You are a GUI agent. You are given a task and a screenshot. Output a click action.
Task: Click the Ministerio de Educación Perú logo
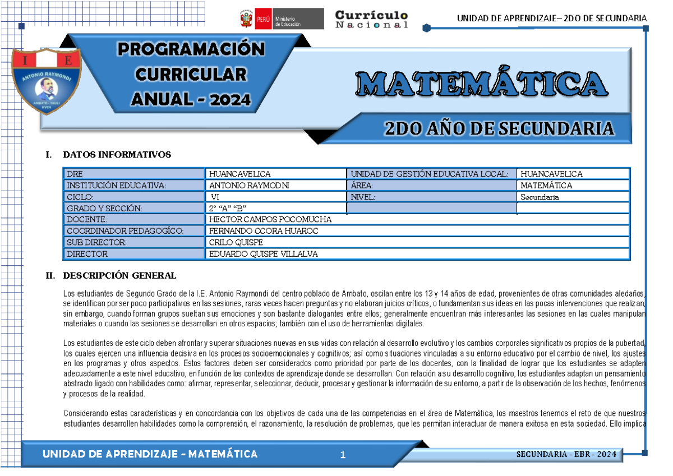tap(281, 19)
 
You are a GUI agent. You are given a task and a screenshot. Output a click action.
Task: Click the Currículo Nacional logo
tap(371, 19)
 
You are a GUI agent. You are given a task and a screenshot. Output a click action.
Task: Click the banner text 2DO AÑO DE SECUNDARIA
tap(499, 129)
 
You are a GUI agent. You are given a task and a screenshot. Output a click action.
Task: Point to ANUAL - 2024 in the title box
tap(191, 100)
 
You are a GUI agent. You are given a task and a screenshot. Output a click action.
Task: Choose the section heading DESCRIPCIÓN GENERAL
tap(119, 275)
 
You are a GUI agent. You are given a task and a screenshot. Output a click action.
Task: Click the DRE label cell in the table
tap(75, 174)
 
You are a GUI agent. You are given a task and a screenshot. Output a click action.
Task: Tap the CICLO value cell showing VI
tap(216, 197)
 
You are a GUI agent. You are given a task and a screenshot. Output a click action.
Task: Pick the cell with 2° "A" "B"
tap(228, 209)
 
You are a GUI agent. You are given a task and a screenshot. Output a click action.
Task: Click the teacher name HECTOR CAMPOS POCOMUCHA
tap(270, 220)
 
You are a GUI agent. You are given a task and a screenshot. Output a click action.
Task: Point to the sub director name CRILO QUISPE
tap(236, 243)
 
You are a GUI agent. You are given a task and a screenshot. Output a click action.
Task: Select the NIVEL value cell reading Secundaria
tap(540, 197)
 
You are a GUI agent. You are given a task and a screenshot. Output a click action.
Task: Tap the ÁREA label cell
tap(362, 186)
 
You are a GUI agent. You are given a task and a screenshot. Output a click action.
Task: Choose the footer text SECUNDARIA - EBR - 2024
tap(566, 454)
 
